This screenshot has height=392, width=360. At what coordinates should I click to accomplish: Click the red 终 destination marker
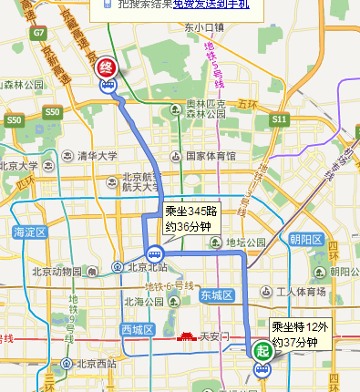tap(107, 67)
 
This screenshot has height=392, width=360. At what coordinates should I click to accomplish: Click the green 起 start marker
tap(262, 351)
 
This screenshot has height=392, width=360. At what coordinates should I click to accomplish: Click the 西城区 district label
tap(139, 327)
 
